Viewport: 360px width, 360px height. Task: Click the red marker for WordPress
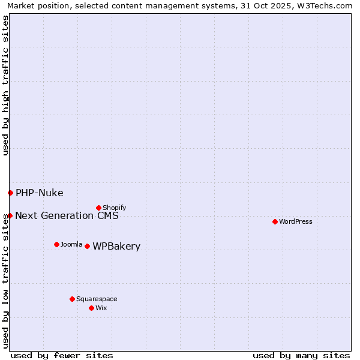[275, 221]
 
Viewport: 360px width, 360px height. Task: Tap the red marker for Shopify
[98, 208]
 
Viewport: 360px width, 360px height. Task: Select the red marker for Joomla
[56, 244]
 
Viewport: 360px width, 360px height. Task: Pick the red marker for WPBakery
[87, 246]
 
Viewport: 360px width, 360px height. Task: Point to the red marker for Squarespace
[72, 299]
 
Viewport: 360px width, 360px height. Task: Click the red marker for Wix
[91, 308]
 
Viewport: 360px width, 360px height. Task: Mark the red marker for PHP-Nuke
[10, 193]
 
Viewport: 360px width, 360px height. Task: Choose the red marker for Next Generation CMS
[10, 215]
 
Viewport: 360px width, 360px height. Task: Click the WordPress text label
[296, 221]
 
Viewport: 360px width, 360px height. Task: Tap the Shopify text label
[114, 208]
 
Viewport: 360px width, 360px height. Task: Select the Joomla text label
[71, 244]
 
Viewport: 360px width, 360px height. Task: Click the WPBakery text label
[116, 247]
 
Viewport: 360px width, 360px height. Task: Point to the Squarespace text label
[97, 299]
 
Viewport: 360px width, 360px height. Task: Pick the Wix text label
[101, 308]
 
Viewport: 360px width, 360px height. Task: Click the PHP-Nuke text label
[39, 193]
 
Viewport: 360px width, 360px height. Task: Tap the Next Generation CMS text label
[67, 216]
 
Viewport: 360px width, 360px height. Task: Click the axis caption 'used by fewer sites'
[62, 355]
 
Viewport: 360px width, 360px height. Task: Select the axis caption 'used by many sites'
[301, 355]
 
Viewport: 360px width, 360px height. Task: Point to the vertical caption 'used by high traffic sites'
[5, 85]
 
